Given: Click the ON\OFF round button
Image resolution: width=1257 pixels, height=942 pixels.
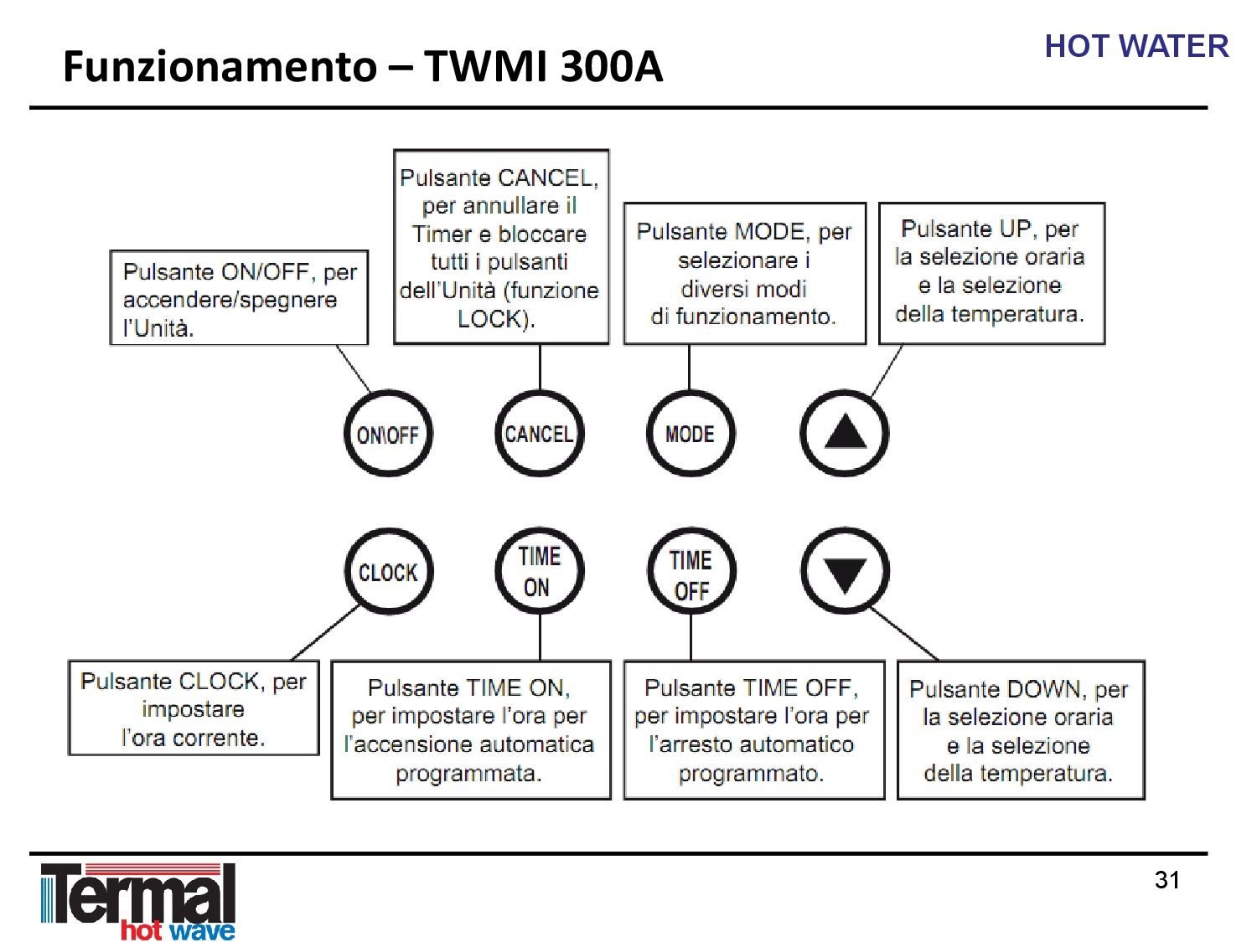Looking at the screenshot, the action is (x=388, y=433).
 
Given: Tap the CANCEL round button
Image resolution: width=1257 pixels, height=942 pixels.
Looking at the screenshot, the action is (x=540, y=433).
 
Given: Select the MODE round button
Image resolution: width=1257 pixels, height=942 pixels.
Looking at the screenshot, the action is (x=691, y=433).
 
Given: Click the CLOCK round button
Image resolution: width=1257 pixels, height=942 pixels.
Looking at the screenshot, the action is (x=389, y=571).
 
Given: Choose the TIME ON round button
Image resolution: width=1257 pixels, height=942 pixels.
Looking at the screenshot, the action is (x=540, y=571).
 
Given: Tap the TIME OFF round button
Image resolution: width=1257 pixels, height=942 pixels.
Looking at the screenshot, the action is (x=691, y=571).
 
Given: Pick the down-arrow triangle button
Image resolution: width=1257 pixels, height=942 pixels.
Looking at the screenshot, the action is (x=845, y=571).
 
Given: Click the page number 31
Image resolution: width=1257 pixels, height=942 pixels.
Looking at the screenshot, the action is (x=1166, y=880).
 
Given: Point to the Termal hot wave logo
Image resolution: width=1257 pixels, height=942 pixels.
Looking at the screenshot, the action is (x=138, y=901).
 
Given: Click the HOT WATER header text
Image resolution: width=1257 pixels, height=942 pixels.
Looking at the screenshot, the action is (x=1136, y=46).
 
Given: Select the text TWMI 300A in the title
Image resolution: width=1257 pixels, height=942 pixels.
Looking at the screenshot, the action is (x=543, y=66).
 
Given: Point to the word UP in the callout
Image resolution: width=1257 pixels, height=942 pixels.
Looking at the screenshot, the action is (x=1016, y=229).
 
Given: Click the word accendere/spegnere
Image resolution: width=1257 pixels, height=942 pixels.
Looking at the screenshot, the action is (x=230, y=301).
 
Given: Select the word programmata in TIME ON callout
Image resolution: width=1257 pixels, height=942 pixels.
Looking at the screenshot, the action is (x=468, y=774).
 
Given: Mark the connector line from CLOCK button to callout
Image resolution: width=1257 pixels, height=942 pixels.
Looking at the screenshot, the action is (x=324, y=633).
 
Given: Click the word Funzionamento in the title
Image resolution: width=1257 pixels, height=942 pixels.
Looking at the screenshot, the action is (x=220, y=66).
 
